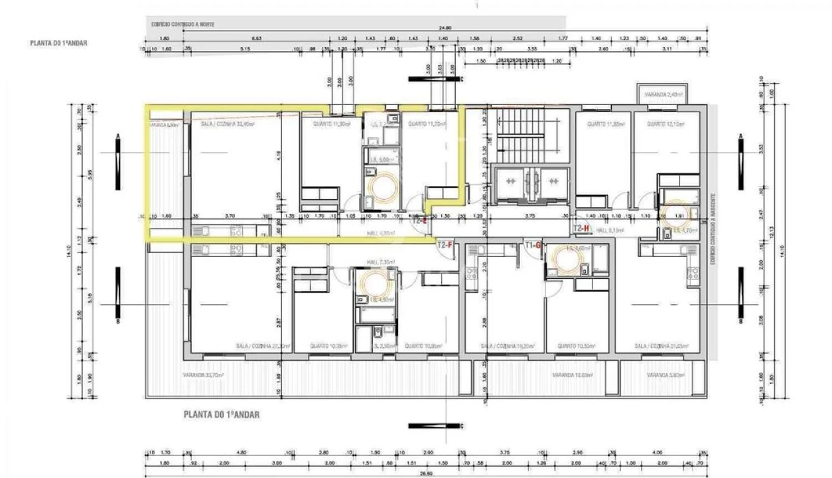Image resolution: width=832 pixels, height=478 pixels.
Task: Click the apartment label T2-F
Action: click(x=445, y=245)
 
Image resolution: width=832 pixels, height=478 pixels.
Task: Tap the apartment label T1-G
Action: click(x=534, y=245)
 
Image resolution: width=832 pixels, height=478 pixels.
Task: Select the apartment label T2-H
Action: click(x=581, y=228)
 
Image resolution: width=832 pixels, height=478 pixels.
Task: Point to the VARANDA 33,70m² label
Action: click(x=204, y=374)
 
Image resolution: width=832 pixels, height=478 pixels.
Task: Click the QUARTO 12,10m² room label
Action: click(x=665, y=123)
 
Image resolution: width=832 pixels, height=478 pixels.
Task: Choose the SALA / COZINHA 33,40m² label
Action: click(x=228, y=123)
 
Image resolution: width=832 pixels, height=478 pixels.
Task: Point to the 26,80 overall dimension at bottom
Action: click(x=425, y=473)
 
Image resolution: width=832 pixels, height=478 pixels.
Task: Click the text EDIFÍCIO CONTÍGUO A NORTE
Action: click(x=183, y=24)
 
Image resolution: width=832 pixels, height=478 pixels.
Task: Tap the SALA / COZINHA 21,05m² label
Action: click(x=660, y=346)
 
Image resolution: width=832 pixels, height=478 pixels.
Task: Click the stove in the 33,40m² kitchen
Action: click(x=236, y=230)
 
